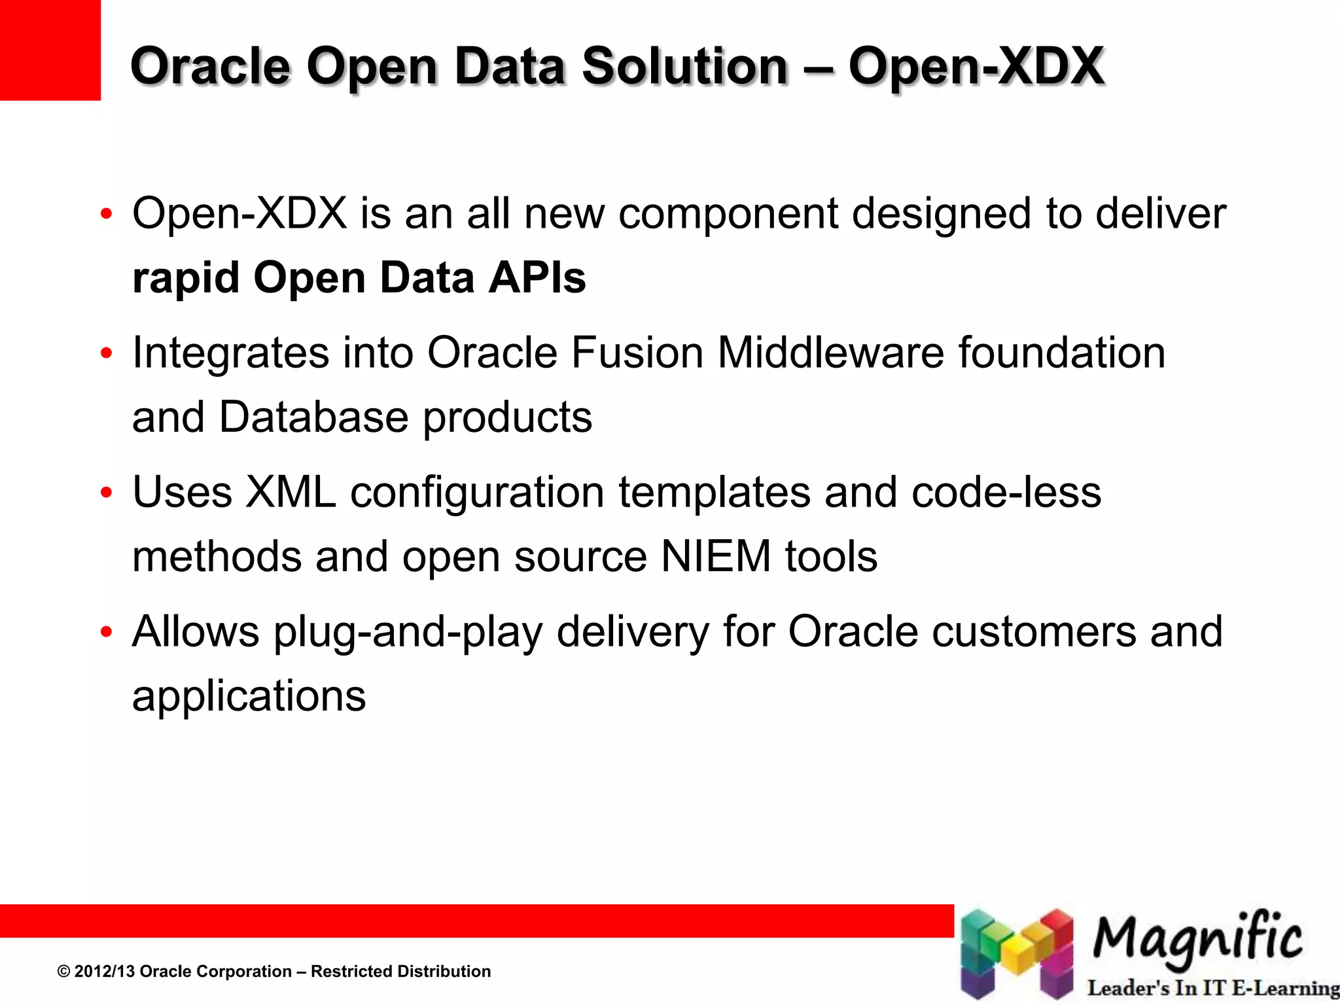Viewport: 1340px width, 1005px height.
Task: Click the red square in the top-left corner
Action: coord(50,50)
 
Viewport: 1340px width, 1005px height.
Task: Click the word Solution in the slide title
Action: coord(685,67)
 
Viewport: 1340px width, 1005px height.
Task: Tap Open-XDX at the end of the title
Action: coord(976,67)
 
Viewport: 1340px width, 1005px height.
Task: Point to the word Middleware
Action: coord(831,353)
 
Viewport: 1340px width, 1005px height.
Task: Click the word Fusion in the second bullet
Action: coord(637,353)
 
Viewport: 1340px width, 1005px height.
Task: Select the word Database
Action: coord(313,417)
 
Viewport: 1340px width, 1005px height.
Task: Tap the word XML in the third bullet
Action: coord(291,492)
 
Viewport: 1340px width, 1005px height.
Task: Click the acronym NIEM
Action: coord(716,557)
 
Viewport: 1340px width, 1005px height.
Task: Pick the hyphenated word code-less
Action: coord(1006,492)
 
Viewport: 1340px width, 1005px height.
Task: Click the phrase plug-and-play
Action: coord(408,633)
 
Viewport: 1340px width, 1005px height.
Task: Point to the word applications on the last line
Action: coord(249,696)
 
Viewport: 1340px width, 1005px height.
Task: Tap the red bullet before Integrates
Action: coord(107,354)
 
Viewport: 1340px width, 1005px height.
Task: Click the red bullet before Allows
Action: coord(107,633)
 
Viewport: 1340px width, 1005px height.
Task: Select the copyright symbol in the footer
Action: coord(63,972)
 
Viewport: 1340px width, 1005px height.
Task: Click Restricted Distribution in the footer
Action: coord(400,972)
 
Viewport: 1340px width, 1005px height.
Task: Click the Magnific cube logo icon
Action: coord(1017,954)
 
